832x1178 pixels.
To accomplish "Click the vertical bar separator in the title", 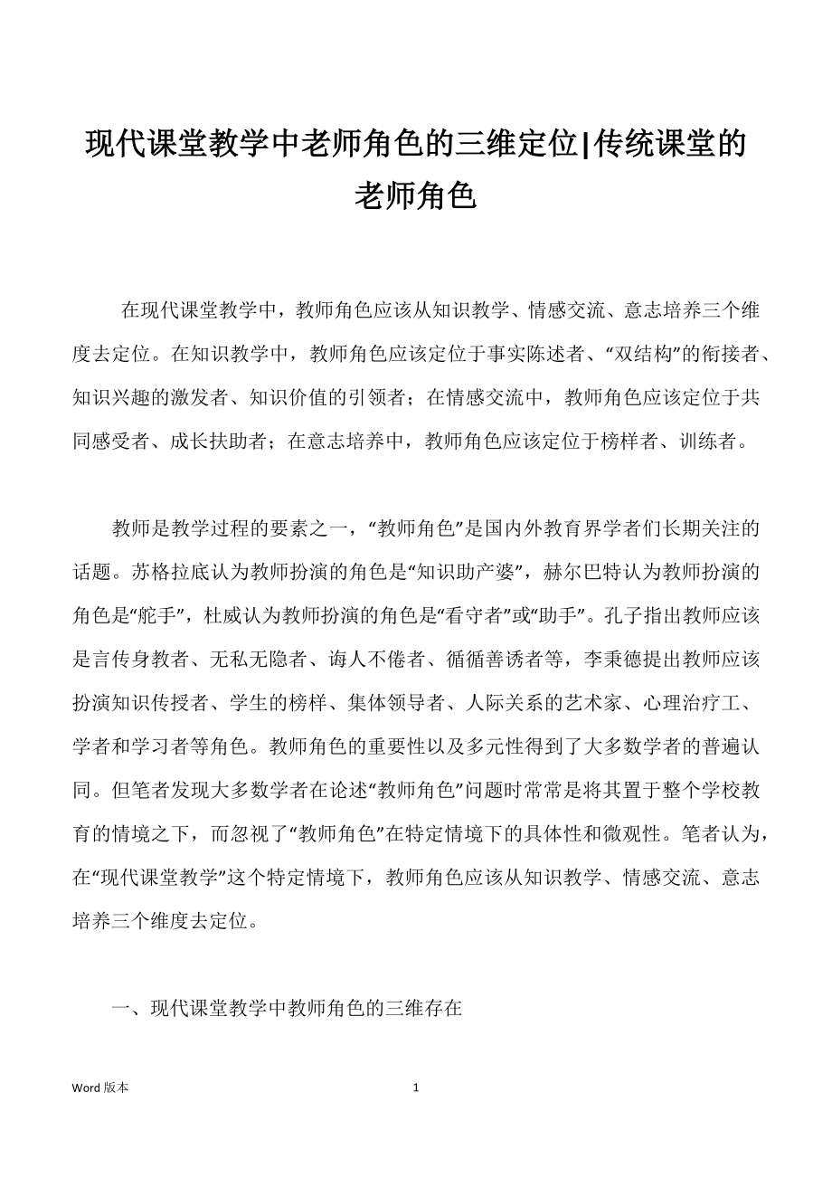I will [583, 144].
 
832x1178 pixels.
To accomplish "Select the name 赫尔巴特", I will [584, 572].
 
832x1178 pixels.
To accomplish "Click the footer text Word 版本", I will [100, 1088].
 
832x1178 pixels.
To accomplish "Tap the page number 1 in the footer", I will [416, 1088].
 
